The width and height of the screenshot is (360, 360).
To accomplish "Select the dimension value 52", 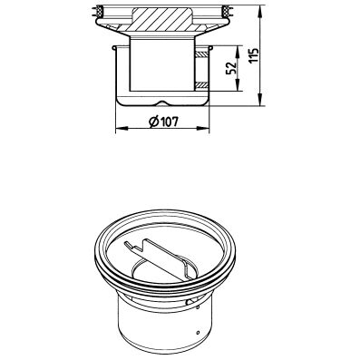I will (x=232, y=67).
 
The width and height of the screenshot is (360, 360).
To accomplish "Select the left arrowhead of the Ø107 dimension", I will (x=118, y=126).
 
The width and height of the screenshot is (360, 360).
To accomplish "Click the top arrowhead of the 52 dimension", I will (x=237, y=48).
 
